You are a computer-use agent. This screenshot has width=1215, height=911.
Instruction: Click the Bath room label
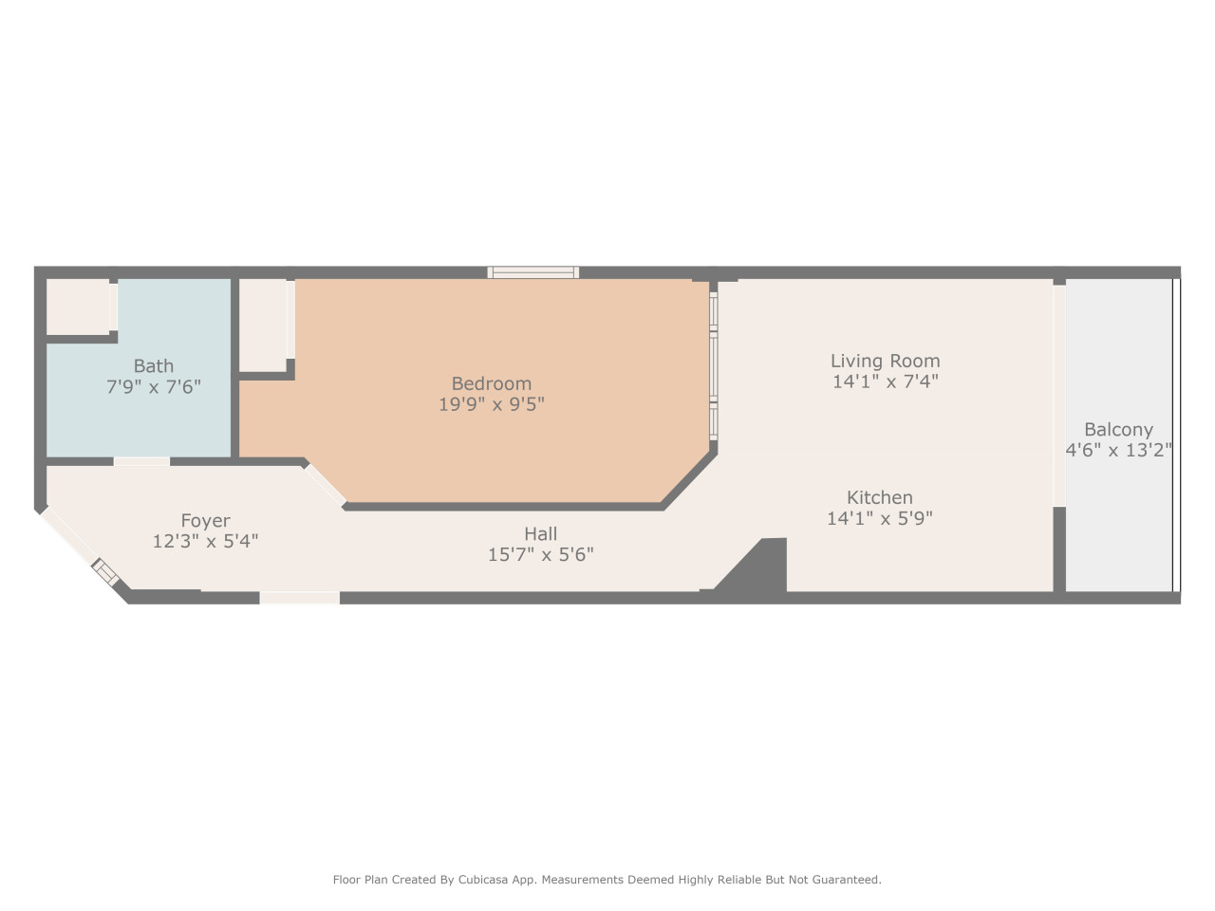(154, 366)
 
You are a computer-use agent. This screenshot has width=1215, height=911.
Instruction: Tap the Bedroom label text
(491, 384)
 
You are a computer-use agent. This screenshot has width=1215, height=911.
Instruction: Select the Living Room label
(885, 362)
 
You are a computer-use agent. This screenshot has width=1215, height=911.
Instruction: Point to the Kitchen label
(879, 498)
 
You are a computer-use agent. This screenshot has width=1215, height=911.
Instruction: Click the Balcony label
(1118, 430)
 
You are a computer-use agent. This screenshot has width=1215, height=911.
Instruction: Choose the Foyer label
(205, 521)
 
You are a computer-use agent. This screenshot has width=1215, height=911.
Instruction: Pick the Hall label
(540, 534)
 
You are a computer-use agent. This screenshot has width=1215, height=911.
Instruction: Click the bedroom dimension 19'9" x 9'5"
(491, 404)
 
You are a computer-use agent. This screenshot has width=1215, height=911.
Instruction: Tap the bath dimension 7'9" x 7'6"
(154, 386)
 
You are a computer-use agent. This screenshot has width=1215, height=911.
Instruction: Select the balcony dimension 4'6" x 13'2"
(1118, 450)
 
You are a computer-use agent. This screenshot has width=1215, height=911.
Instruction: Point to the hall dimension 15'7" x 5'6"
(540, 554)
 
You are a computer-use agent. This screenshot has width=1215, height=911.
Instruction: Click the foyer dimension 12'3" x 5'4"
(205, 541)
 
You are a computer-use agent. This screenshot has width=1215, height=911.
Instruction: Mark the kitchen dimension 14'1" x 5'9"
(879, 518)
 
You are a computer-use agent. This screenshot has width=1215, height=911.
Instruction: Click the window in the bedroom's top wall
(533, 272)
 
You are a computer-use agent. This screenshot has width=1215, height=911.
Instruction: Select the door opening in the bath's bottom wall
(141, 461)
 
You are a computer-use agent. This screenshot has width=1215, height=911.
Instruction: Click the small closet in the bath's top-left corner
(78, 307)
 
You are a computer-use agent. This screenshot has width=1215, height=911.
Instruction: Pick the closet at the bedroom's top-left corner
(263, 325)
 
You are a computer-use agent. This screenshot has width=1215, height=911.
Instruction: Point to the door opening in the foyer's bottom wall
(299, 598)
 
